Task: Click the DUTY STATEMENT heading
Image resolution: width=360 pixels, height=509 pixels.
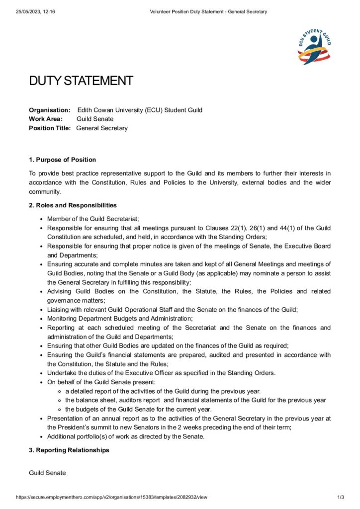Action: [81, 81]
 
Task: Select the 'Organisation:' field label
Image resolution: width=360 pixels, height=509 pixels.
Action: [50, 110]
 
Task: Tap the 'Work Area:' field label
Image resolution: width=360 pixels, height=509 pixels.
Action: [46, 119]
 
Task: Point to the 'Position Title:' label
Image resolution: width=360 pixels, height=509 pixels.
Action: [50, 128]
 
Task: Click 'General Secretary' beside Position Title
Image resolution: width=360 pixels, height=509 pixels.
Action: [102, 128]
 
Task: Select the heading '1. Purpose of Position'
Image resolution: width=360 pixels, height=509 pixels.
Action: [62, 160]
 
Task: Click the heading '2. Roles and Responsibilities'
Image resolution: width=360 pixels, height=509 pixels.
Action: [73, 205]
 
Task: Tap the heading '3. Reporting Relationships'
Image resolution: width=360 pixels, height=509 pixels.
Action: [69, 450]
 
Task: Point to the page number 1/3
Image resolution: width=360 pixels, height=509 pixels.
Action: [341, 497]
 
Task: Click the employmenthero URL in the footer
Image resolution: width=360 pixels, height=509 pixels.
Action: [111, 497]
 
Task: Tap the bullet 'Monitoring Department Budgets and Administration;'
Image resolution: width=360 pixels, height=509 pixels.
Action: [120, 318]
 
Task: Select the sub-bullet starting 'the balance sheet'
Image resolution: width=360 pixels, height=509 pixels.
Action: [195, 400]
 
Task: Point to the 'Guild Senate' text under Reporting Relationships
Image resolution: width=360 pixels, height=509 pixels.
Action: [47, 473]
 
